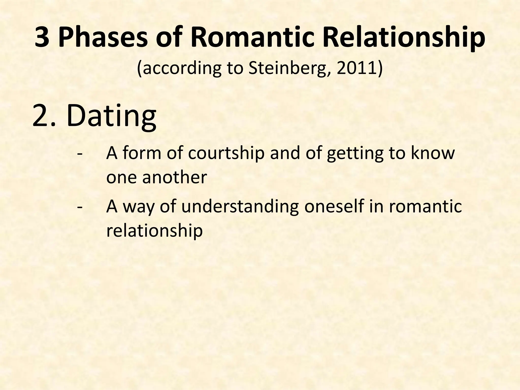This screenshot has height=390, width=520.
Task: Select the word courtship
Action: coord(226,154)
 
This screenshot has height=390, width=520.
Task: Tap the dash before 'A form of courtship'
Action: coord(80,154)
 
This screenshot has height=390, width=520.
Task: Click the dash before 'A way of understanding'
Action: coord(80,207)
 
